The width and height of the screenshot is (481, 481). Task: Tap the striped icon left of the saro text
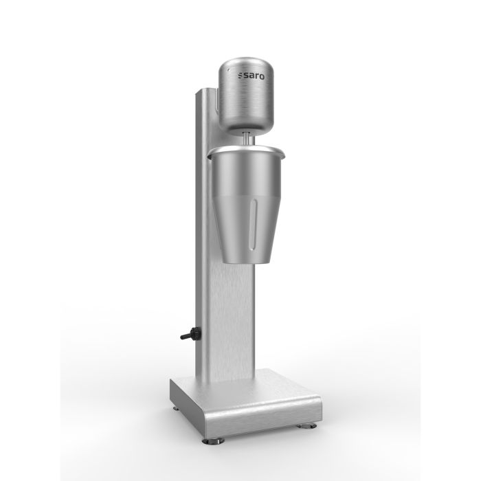click(240, 76)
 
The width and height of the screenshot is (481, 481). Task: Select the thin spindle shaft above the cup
click(247, 138)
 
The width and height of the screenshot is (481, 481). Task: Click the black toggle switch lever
click(184, 337)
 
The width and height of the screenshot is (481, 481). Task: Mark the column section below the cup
click(234, 323)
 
